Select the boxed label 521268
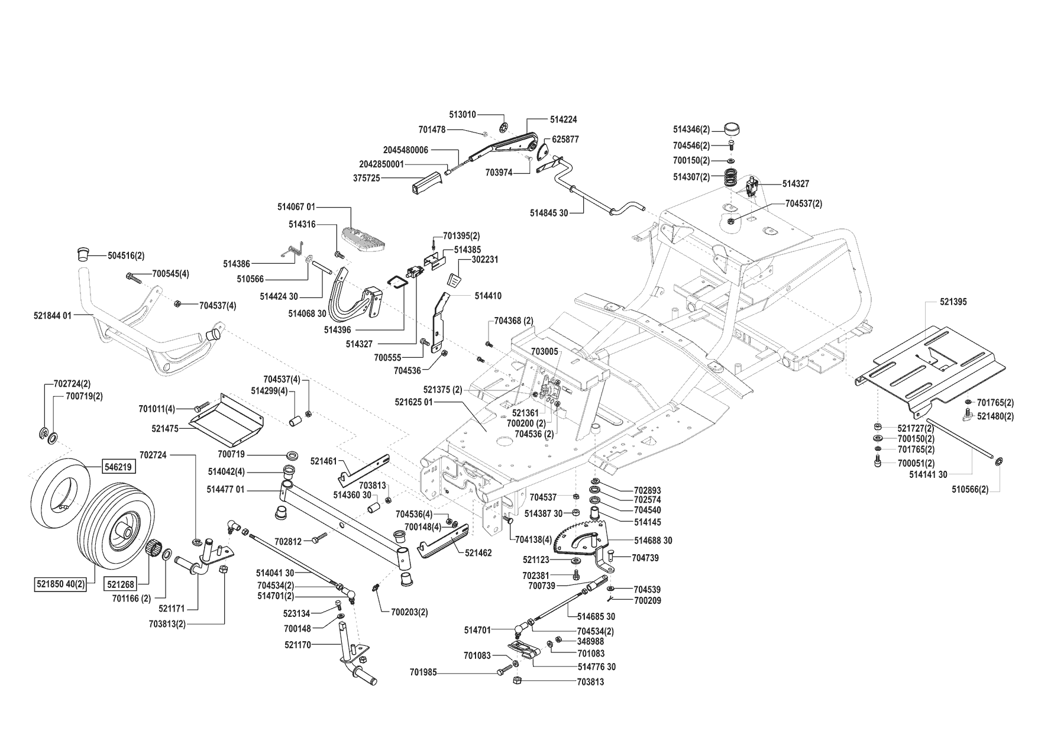121,584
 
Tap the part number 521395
953,302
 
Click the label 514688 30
653,540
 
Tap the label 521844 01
53,316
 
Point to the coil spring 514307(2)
733,176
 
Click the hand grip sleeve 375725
425,182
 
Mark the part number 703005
544,351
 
